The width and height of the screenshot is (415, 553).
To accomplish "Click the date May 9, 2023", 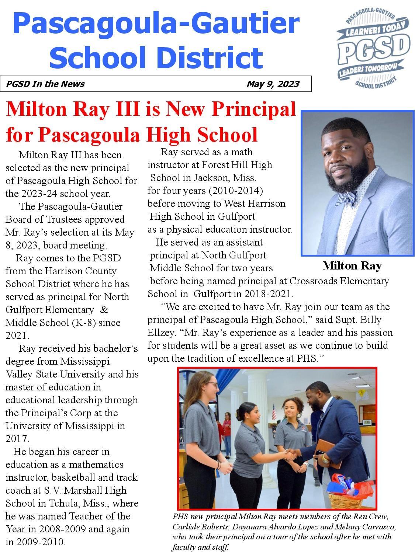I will coord(273,84).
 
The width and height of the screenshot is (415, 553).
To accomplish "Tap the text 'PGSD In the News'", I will coord(45,84).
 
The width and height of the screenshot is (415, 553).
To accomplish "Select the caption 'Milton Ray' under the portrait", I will coord(352,265).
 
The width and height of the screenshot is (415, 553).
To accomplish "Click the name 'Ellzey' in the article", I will coord(161,333).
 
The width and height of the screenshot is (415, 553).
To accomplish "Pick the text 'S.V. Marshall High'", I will coord(85,490).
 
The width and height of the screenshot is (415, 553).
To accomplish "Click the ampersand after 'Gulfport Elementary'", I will coord(104,310).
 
